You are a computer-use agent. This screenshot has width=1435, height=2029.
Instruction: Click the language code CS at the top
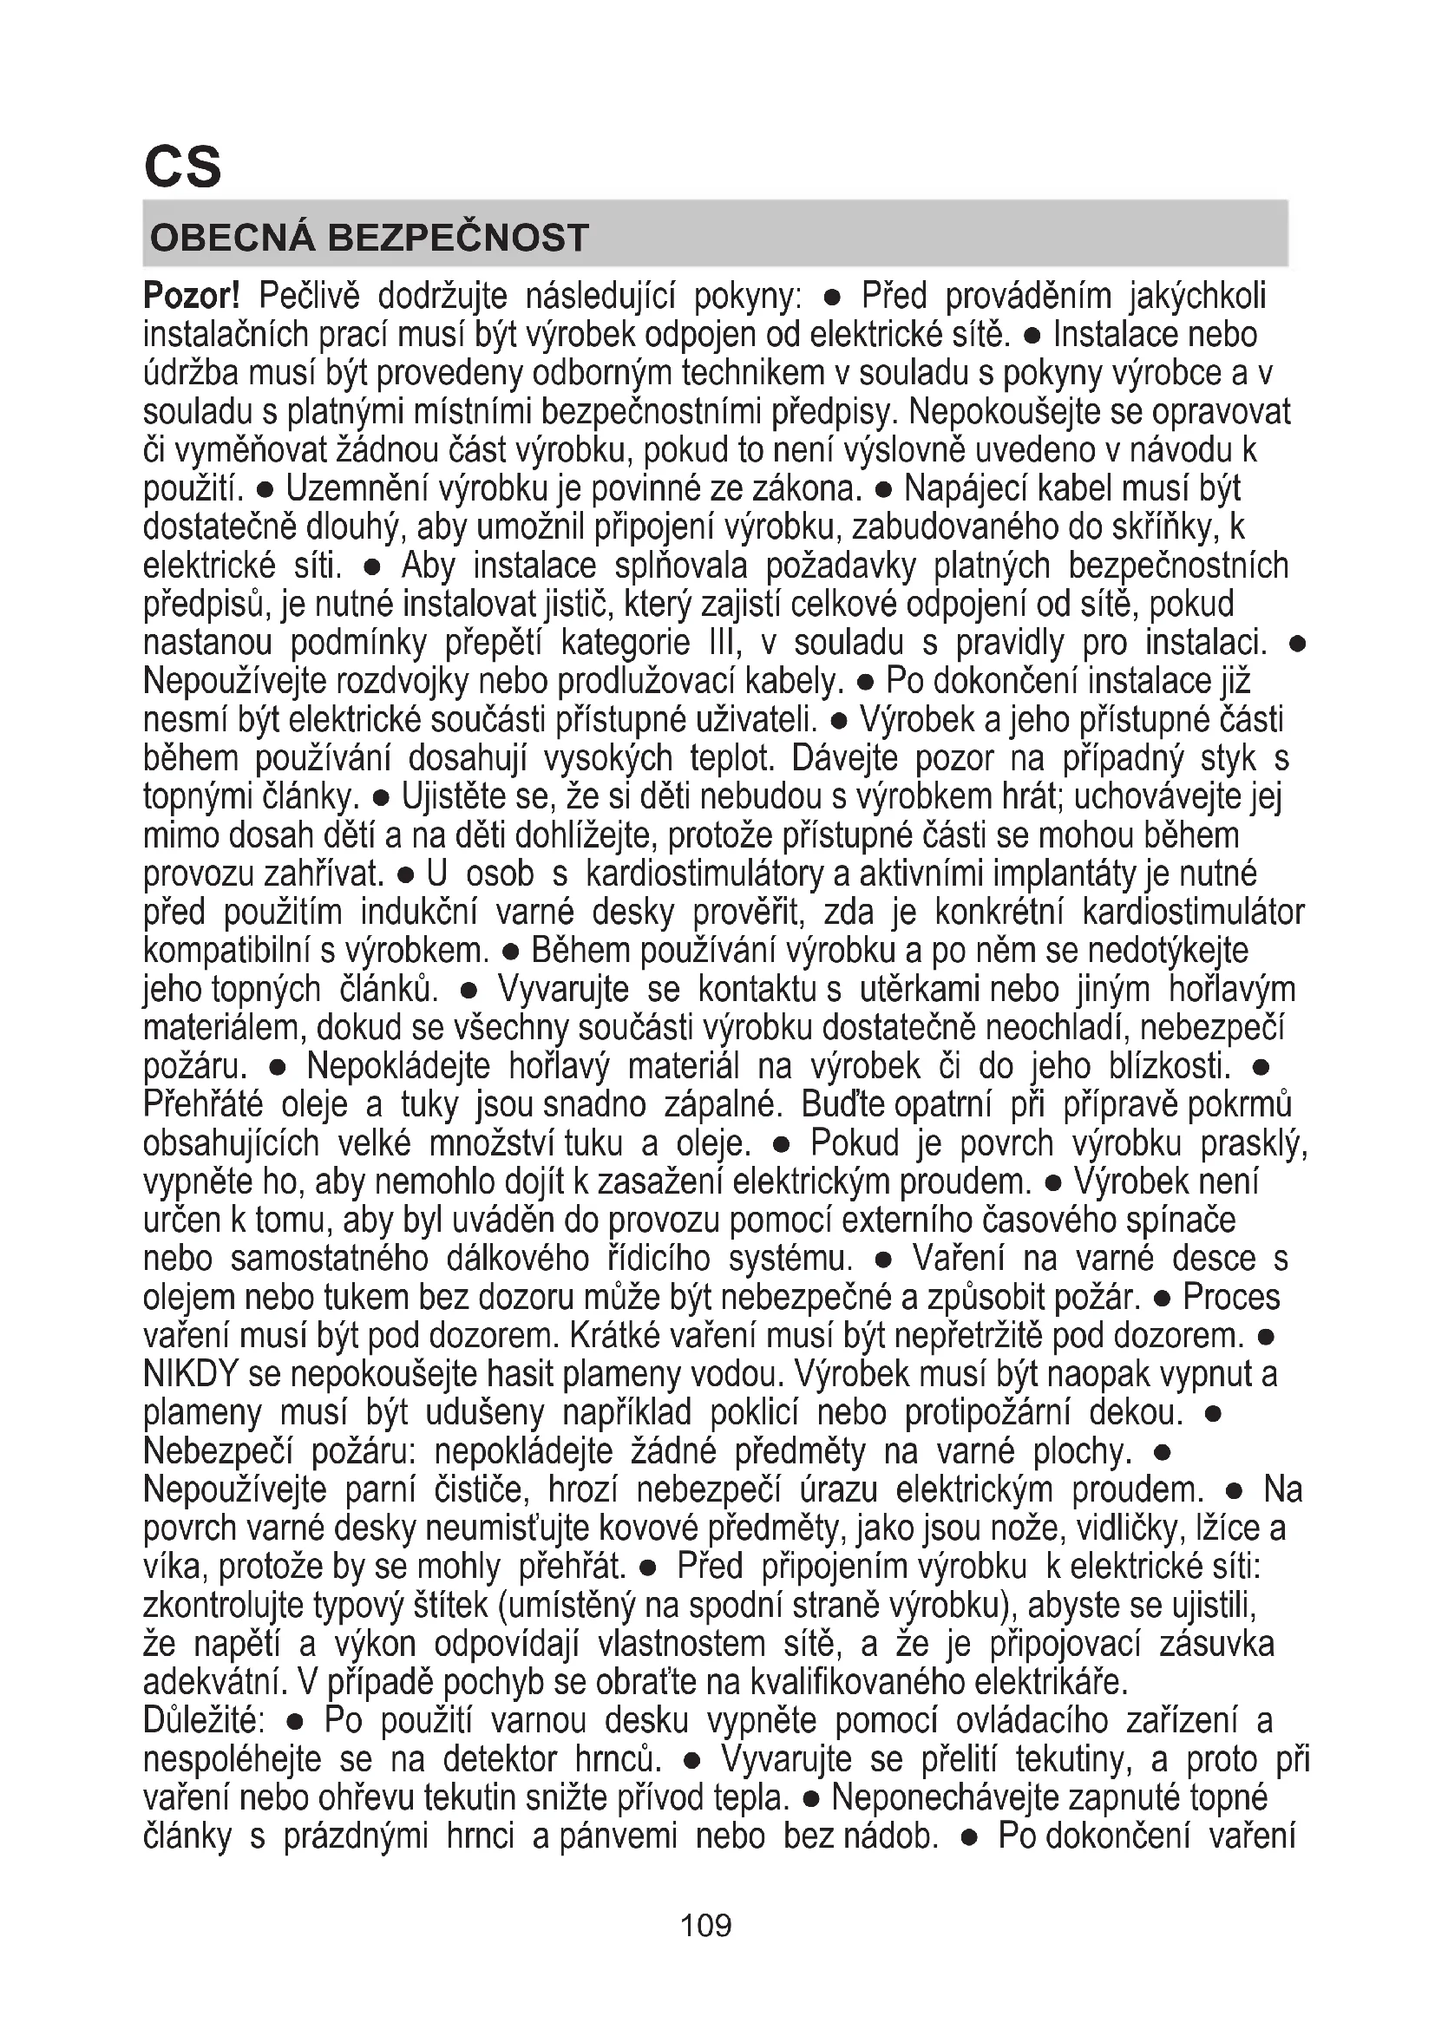point(182,167)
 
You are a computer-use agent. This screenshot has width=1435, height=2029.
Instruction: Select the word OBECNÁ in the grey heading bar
point(232,238)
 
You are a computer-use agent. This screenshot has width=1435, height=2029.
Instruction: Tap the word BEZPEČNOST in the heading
point(460,238)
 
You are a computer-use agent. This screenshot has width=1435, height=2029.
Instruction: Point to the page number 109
point(706,1925)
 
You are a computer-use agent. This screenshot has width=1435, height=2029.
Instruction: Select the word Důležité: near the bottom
point(202,1720)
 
